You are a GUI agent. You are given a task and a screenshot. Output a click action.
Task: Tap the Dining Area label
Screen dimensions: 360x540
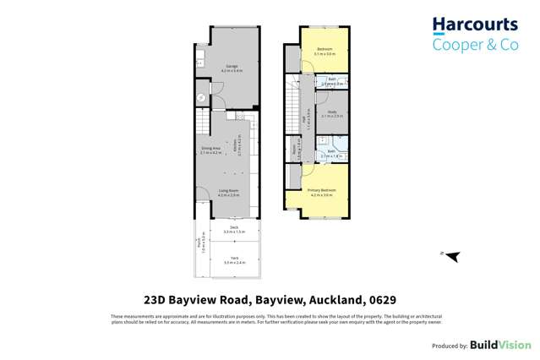(x=210, y=150)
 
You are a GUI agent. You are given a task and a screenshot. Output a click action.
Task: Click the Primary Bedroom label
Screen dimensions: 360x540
(x=322, y=190)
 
